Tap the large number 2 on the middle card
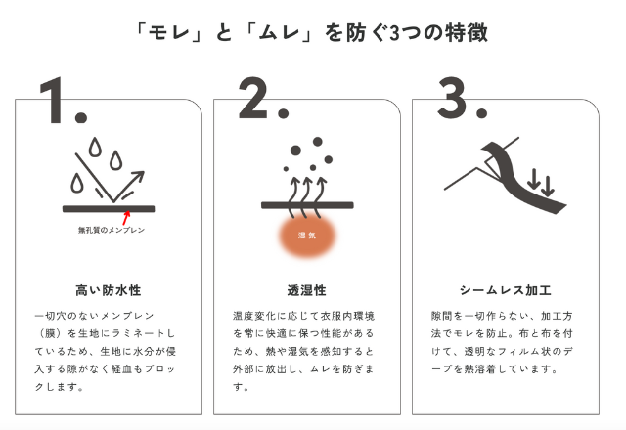tap(254, 98)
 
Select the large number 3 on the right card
tap(452, 98)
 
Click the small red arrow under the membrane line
tap(126, 218)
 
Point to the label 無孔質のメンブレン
tap(112, 231)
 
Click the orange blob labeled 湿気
tap(307, 236)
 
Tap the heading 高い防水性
tap(109, 290)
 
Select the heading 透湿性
tap(306, 290)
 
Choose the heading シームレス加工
tap(506, 290)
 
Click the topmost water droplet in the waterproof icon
tap(95, 147)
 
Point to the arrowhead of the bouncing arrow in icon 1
tap(138, 178)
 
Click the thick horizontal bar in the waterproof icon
tap(109, 208)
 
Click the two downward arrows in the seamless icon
tap(541, 183)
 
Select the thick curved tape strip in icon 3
tap(519, 176)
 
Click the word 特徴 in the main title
tap(467, 32)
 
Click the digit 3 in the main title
tap(394, 33)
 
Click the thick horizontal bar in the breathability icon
tap(307, 205)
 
